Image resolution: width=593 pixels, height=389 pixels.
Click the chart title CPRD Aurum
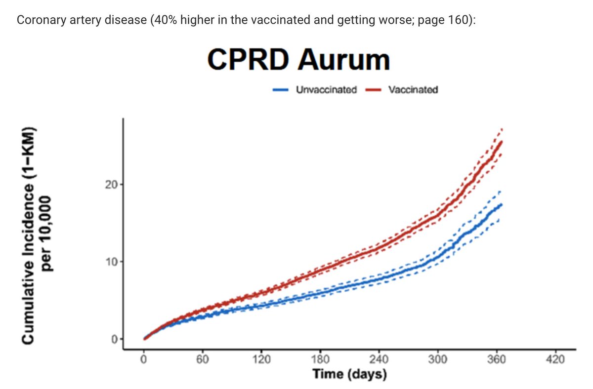(298, 60)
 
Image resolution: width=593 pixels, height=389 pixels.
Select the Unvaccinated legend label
(326, 90)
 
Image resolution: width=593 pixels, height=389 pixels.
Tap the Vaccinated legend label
(413, 90)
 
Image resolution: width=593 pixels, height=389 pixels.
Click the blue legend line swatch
(282, 90)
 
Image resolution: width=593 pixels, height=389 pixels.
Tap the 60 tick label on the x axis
(202, 359)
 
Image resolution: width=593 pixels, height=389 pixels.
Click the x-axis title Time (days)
(349, 374)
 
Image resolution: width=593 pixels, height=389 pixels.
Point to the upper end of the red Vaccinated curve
(502, 142)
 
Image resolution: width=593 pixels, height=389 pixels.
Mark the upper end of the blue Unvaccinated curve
(502, 204)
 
